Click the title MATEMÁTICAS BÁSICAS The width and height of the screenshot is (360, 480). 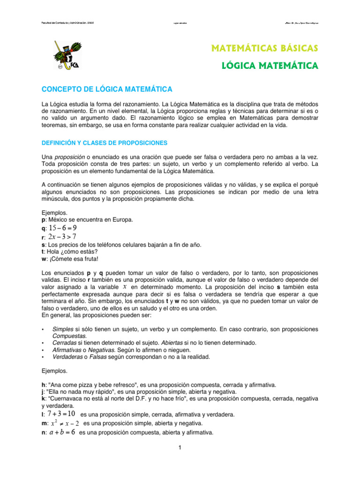[265, 48]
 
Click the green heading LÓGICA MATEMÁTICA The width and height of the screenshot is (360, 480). [270, 66]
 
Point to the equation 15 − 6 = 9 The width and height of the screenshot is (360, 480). [63, 228]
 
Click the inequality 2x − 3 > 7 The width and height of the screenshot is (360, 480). [62, 236]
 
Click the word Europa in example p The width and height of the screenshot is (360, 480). [123, 219]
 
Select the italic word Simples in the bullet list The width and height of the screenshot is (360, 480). [63, 330]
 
